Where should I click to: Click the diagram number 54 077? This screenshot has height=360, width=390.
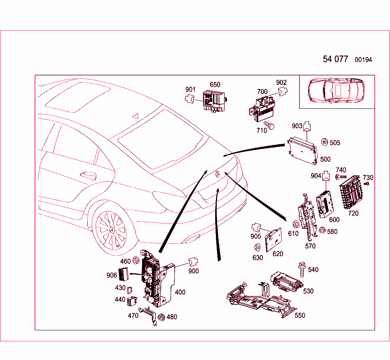pos(335,59)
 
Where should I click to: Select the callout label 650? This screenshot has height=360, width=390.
pos(215,84)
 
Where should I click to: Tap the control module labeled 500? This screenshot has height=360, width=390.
pos(303,150)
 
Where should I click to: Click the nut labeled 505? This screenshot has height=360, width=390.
pos(324,142)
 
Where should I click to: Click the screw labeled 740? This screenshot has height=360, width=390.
pos(340,177)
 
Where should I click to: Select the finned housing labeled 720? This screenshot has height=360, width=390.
pos(350,192)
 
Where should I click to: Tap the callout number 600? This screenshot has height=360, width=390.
pos(334,220)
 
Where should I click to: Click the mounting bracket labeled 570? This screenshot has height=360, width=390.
pos(308,217)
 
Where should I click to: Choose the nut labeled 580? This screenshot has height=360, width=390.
pos(322,231)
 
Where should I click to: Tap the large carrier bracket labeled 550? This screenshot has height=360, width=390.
pos(259,301)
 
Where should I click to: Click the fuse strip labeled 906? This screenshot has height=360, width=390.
pos(123,274)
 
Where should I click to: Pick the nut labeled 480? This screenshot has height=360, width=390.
pos(161,317)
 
